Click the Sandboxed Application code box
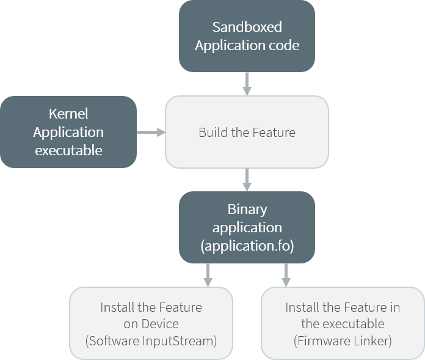(247, 36)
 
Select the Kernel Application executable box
(68, 132)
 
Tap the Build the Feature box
(247, 132)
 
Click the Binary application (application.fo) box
(247, 227)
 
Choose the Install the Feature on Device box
(151, 324)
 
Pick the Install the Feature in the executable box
(343, 324)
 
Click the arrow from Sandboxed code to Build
(247, 84)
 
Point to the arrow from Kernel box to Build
(151, 132)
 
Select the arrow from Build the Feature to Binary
(247, 180)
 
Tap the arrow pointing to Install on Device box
(208, 275)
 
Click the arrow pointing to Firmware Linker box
(285, 275)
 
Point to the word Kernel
(68, 114)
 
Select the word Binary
(247, 209)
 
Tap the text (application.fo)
(247, 246)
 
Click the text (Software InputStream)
(151, 341)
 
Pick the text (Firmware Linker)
(343, 341)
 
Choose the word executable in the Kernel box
(68, 150)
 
